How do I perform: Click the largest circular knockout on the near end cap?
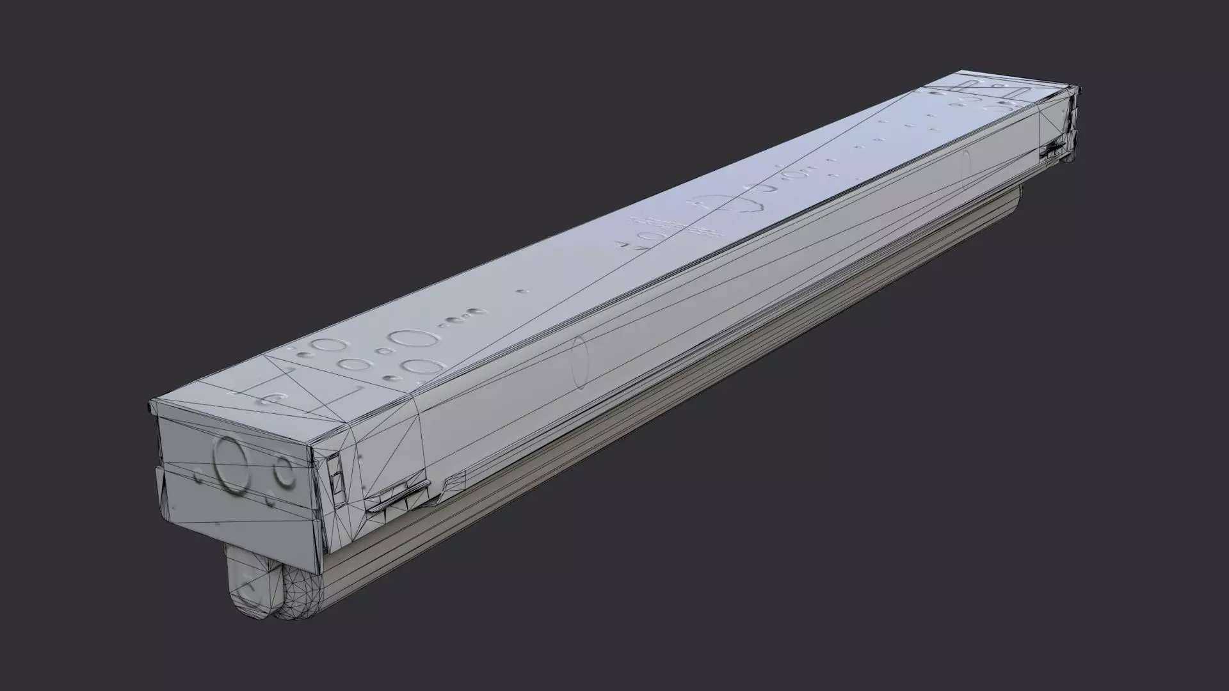pos(229,465)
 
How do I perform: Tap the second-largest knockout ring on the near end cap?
pos(283,473)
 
